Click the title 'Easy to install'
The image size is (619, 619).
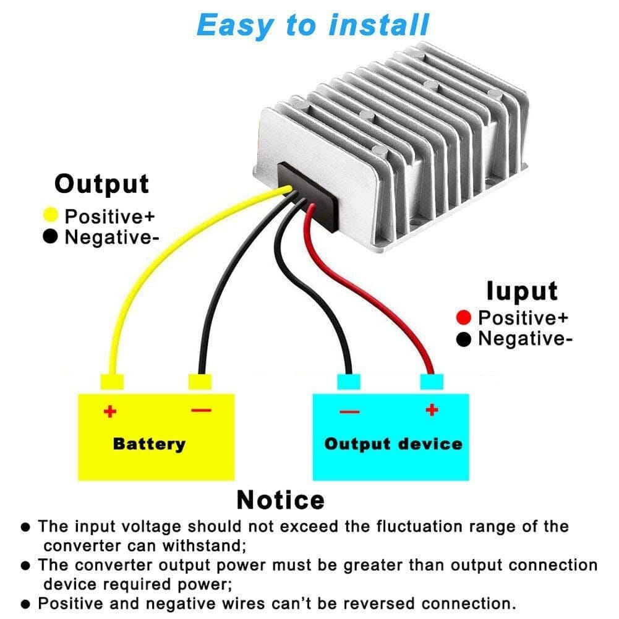click(312, 25)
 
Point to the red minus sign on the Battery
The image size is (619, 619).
click(202, 410)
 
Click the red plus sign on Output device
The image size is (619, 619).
click(432, 410)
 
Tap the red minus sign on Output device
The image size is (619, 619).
click(349, 411)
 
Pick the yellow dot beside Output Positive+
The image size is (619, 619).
click(51, 216)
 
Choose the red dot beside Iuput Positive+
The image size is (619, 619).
click(464, 318)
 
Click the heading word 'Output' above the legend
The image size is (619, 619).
click(101, 184)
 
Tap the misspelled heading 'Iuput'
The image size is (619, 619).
click(521, 291)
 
